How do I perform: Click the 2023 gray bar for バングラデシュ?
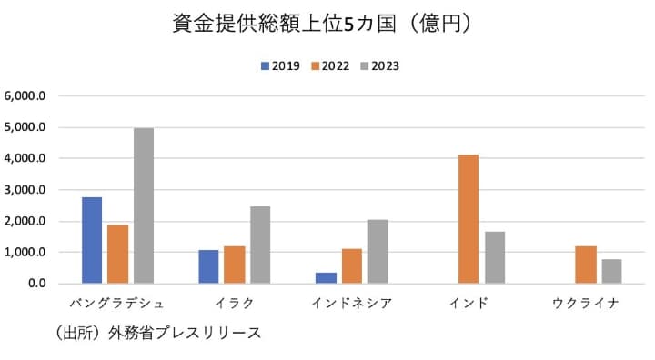pos(144,205)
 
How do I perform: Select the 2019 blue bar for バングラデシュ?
pos(92,240)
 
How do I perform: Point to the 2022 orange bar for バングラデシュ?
pos(117,254)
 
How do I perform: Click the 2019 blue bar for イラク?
pos(208,266)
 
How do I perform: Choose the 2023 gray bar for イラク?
pos(260,245)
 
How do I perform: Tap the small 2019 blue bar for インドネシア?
pos(326,277)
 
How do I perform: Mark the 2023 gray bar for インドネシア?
pos(378,251)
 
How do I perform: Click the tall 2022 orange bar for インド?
pos(469,219)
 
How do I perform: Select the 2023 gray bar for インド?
pos(495,257)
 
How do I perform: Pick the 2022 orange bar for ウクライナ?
pos(586,265)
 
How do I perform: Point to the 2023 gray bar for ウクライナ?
pos(611,271)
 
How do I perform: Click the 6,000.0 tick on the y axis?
pos(32,95)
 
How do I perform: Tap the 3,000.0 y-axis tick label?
pos(32,189)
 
